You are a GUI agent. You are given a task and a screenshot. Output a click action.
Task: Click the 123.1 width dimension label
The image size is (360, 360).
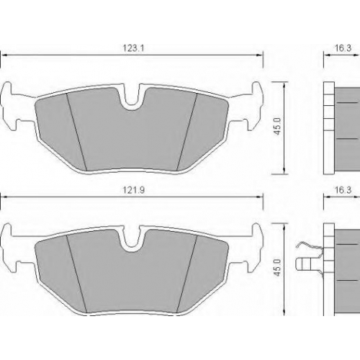(133, 48)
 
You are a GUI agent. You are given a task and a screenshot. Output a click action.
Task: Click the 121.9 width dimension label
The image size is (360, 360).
(133, 190)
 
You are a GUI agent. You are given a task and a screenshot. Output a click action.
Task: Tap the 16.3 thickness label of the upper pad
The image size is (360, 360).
(343, 48)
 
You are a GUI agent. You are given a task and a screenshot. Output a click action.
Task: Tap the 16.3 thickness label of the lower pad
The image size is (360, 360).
(343, 190)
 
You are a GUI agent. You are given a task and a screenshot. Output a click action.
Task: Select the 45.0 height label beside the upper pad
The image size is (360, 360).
(277, 126)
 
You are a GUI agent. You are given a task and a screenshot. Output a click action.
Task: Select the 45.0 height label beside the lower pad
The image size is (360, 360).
(277, 267)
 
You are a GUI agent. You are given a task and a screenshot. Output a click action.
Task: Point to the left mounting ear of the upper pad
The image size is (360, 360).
(11, 106)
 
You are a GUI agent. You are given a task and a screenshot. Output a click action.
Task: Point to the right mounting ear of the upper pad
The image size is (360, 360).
(252, 106)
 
